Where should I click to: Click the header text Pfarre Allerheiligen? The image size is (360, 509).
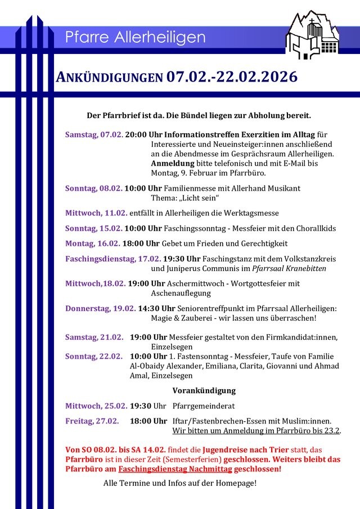pos(135,38)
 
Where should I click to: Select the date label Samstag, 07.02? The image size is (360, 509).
pos(94,134)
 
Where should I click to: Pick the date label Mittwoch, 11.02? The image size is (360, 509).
pos(96,213)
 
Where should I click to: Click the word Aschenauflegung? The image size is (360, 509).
pos(181,293)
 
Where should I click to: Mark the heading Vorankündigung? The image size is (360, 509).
pos(204,390)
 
